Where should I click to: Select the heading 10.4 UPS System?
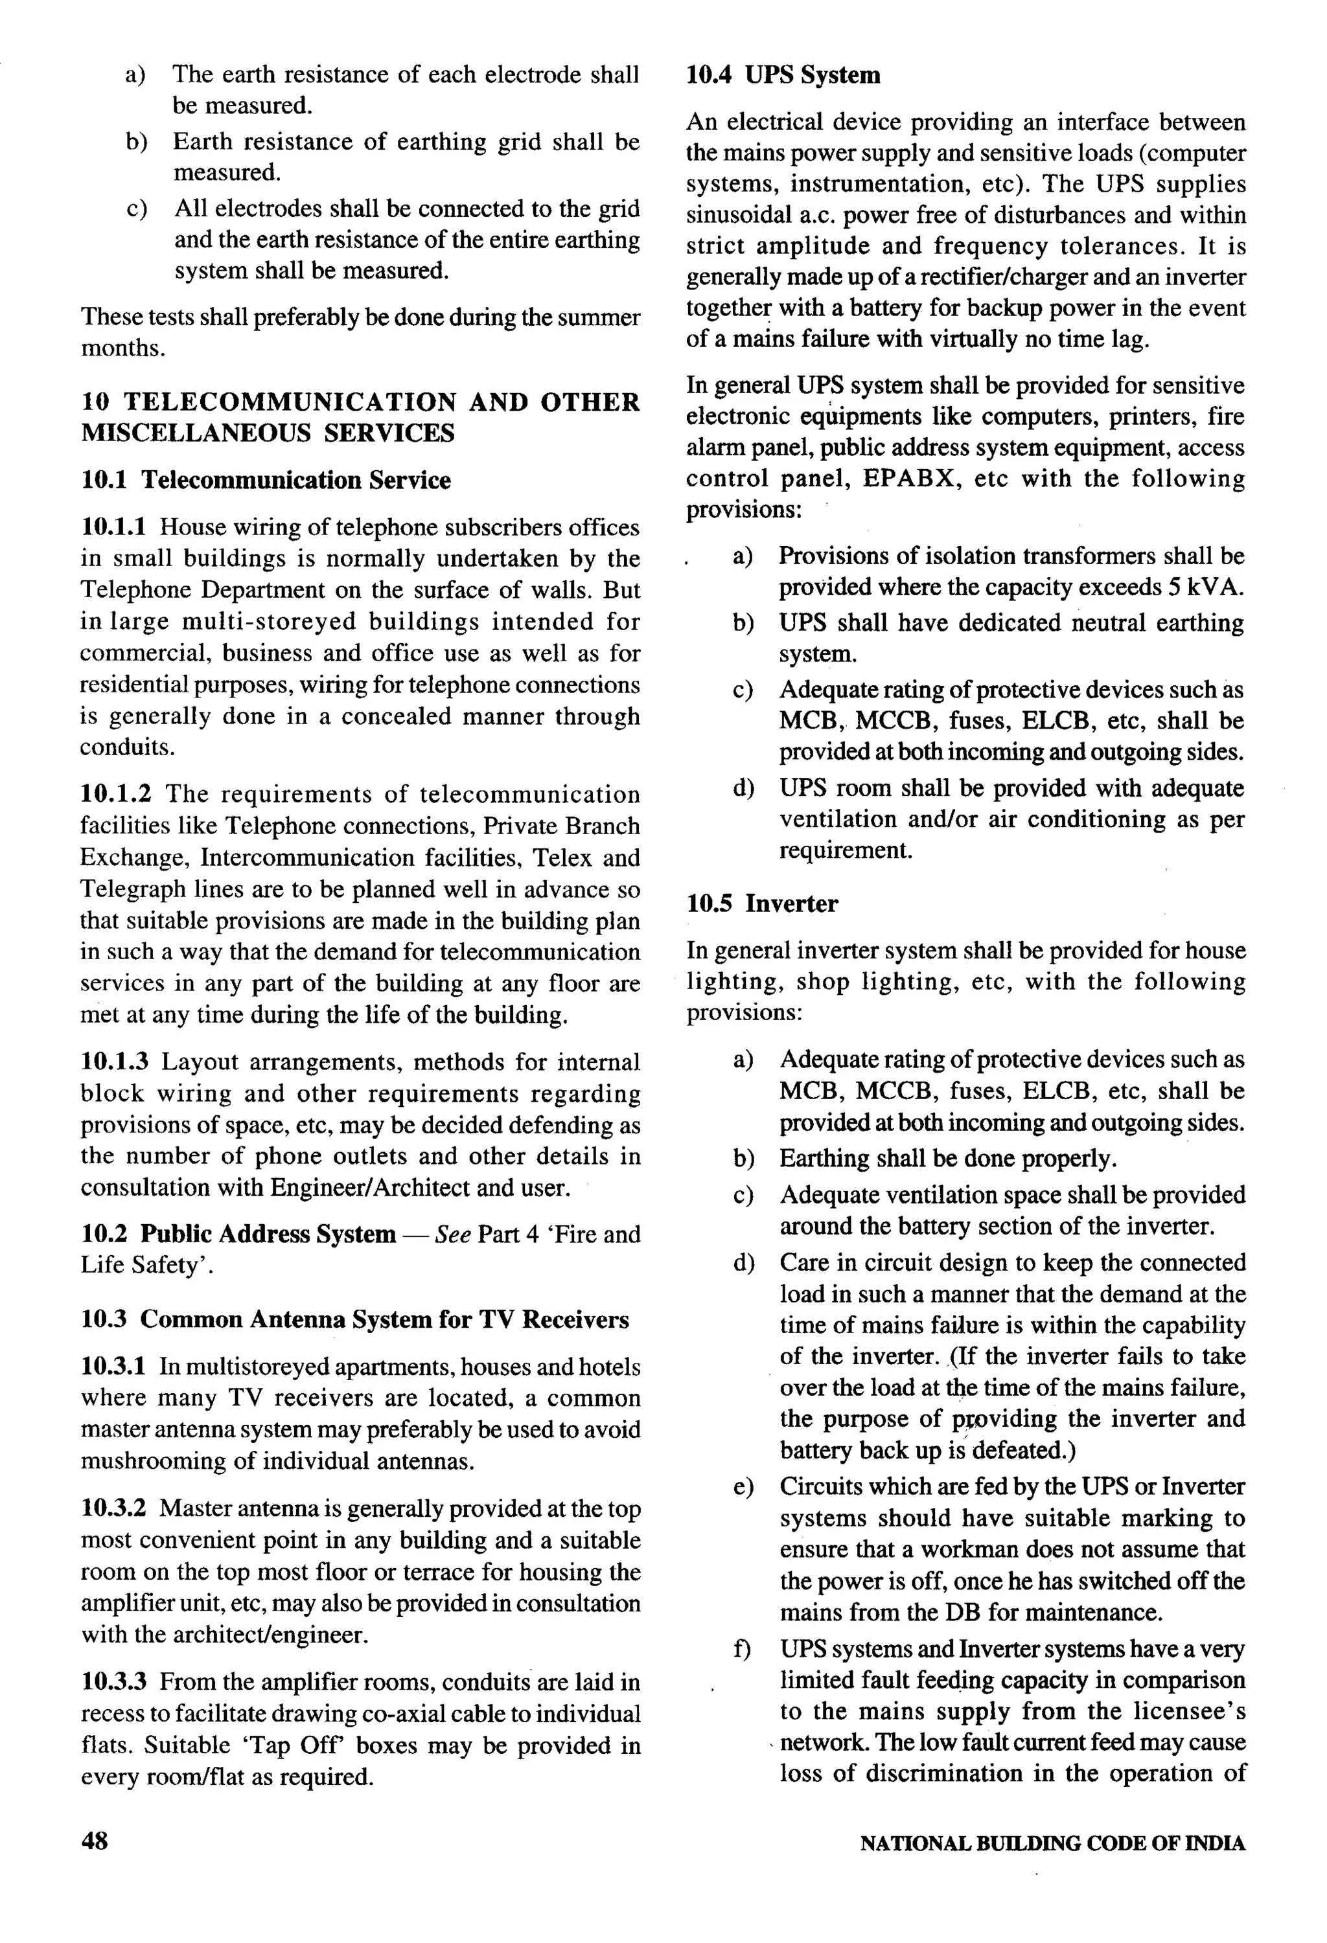[783, 75]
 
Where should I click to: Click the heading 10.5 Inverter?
[762, 903]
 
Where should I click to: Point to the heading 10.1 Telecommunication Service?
[266, 480]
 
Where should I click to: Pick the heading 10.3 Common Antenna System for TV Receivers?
[354, 1319]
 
